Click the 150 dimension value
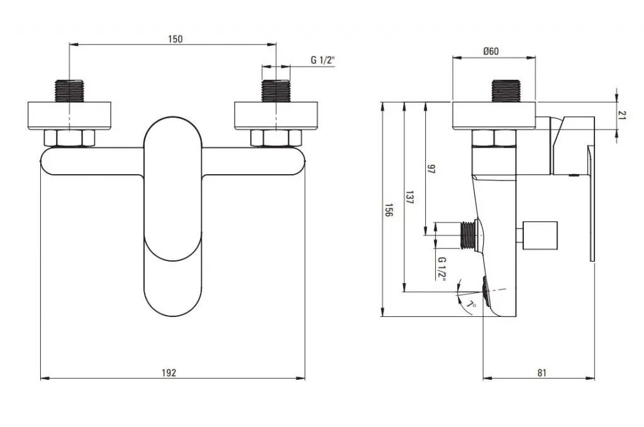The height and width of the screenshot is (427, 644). (x=175, y=39)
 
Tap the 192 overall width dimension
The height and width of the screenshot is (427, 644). (x=169, y=372)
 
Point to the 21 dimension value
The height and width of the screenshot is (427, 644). (x=622, y=115)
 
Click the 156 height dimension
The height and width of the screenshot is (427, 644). (x=389, y=210)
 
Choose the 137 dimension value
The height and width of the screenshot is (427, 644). (x=409, y=197)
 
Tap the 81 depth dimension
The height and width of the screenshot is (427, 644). (x=541, y=372)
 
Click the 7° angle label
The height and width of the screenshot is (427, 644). (x=470, y=304)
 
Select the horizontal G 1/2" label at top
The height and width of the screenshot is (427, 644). (x=323, y=60)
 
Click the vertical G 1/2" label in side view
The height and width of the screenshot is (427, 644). (x=442, y=268)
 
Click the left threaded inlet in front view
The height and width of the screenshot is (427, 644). (x=69, y=91)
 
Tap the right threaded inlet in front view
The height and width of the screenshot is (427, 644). (x=276, y=91)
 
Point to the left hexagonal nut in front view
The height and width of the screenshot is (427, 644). (x=69, y=137)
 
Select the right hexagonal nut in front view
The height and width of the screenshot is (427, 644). (x=276, y=137)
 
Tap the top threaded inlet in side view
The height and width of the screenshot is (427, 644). (x=505, y=91)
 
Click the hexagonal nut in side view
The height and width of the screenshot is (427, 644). (x=494, y=138)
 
